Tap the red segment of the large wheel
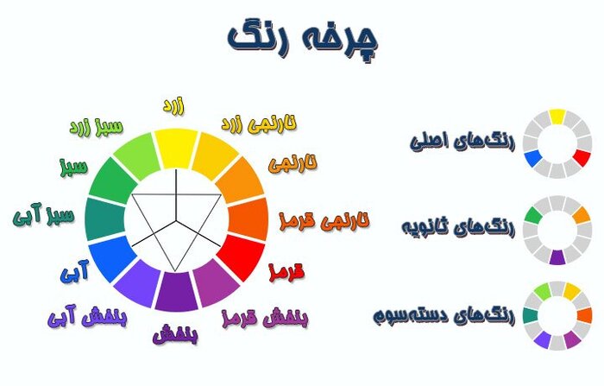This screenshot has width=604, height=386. point(242,256)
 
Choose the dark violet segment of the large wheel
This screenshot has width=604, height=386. point(176,290)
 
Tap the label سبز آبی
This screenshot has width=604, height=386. point(45,215)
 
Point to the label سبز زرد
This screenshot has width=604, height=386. point(94,128)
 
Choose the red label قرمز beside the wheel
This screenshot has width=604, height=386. point(287,273)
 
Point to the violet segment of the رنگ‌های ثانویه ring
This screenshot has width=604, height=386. point(557,256)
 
